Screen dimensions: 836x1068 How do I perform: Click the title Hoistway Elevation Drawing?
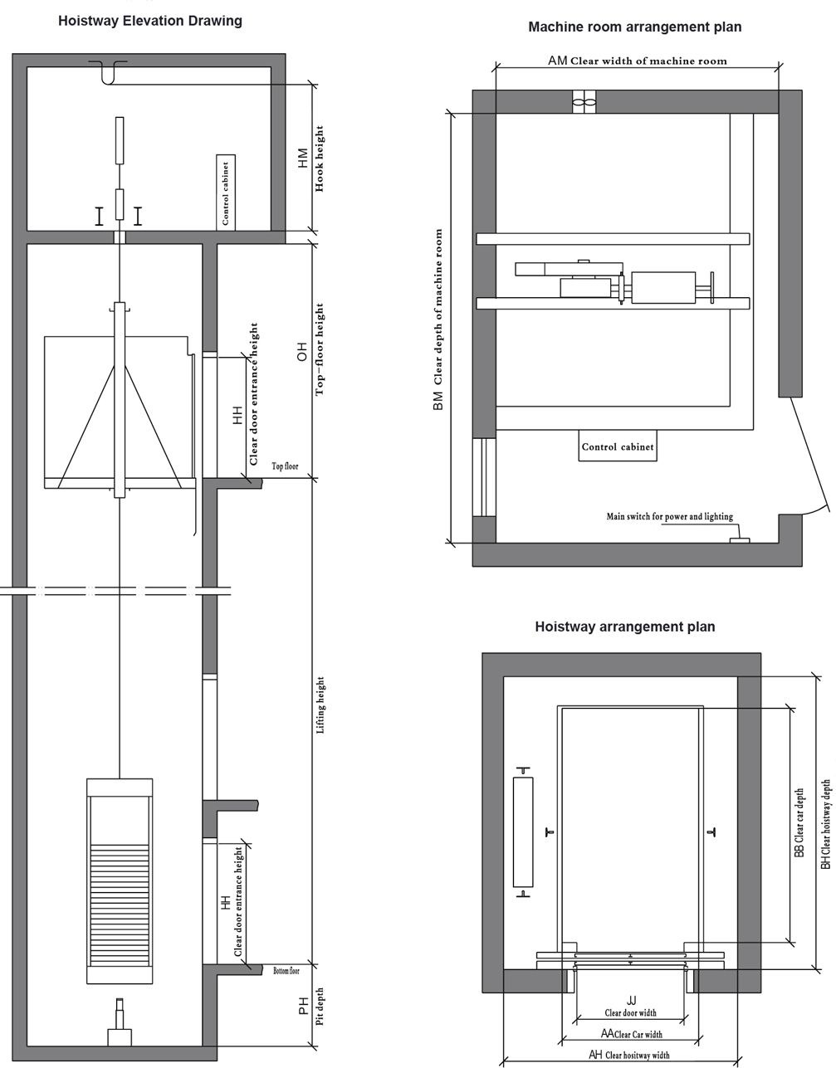[150, 21]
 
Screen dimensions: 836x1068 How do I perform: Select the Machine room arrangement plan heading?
[634, 27]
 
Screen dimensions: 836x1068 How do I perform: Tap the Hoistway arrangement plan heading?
[624, 627]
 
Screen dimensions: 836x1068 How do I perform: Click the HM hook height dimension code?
[303, 158]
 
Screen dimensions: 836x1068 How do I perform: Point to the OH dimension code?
[302, 352]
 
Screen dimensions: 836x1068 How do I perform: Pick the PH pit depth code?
[304, 1006]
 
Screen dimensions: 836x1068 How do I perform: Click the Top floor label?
[285, 466]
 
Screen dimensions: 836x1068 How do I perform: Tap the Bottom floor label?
[286, 971]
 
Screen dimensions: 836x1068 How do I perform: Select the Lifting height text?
[320, 705]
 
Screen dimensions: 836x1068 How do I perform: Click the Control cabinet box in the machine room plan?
[618, 446]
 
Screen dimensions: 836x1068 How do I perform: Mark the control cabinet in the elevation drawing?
[226, 193]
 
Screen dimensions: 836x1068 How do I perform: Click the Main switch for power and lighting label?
[669, 516]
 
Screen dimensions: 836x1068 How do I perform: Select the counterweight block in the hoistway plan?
[523, 832]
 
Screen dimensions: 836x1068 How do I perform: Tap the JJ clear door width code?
[632, 1000]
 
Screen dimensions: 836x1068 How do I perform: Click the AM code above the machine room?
[557, 61]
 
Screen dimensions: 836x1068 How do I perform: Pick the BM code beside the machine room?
[438, 401]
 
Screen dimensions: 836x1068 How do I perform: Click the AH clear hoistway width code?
[596, 1054]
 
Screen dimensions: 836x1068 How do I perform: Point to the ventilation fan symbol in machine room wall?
[584, 102]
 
